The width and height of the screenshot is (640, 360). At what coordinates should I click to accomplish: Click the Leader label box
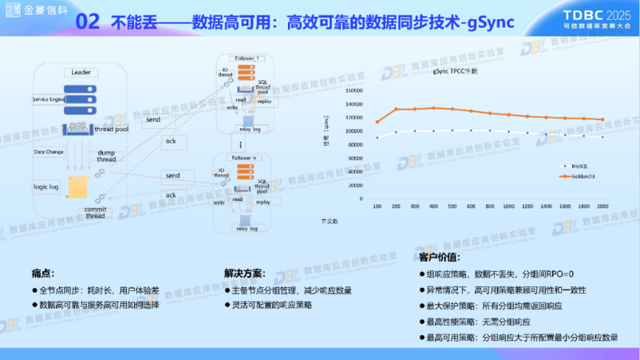(79, 73)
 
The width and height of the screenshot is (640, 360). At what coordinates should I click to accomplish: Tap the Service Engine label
(49, 98)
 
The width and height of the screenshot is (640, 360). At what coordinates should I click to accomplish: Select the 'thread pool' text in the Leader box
(111, 129)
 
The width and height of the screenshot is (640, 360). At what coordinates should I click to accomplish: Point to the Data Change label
(48, 152)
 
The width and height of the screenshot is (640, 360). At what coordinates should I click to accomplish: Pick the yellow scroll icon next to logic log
(76, 187)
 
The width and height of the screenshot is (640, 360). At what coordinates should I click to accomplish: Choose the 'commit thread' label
(95, 213)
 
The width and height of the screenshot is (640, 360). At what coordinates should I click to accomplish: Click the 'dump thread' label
(106, 156)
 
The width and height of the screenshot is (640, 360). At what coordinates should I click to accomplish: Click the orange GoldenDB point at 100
(377, 122)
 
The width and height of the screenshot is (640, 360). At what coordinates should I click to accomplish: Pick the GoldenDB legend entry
(575, 176)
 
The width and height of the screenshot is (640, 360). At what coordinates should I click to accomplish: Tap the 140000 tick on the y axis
(353, 104)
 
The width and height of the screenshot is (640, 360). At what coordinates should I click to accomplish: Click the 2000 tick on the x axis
(601, 207)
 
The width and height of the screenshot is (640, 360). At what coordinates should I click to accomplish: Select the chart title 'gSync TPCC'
(455, 72)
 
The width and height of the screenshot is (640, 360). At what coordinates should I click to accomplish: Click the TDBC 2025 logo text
(597, 14)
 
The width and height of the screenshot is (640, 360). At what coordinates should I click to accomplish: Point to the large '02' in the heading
(88, 22)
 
